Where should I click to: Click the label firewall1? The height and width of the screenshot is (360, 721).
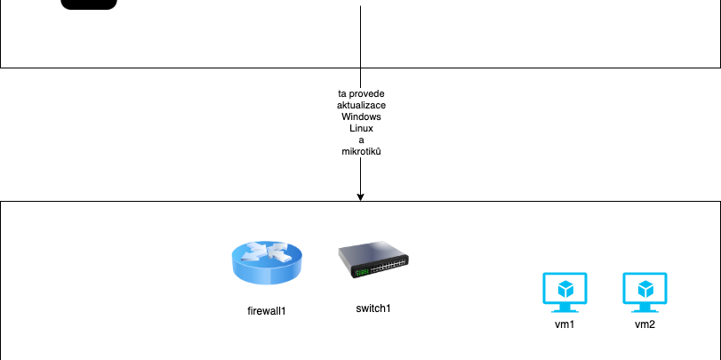(x=267, y=311)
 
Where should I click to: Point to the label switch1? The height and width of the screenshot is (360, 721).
(x=373, y=308)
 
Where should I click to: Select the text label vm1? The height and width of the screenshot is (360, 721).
(x=565, y=324)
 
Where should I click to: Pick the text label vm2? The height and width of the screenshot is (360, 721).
(x=645, y=324)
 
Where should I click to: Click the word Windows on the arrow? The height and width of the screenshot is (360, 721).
(x=361, y=116)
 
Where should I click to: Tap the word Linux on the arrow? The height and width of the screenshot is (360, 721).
(x=361, y=128)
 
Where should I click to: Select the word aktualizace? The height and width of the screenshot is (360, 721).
(x=361, y=105)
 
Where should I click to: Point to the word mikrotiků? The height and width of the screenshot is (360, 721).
(x=361, y=151)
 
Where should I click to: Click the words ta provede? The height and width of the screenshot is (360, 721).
(x=361, y=93)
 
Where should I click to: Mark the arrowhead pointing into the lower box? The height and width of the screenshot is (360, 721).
(x=360, y=196)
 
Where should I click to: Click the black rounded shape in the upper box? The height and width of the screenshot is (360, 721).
(x=89, y=4)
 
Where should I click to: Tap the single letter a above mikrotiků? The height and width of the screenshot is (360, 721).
(x=361, y=140)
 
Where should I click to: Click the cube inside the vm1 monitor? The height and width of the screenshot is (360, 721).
(x=565, y=289)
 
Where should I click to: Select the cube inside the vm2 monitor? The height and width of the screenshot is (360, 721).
(x=645, y=289)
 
